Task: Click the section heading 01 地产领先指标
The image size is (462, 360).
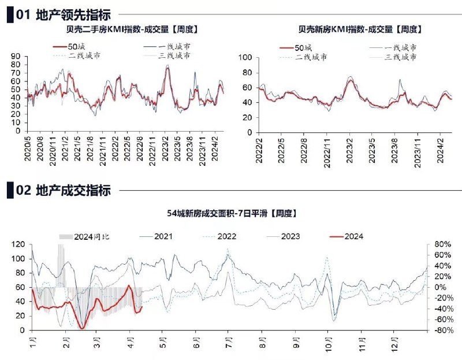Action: [x=63, y=16]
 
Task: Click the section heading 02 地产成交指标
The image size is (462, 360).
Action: [x=63, y=190]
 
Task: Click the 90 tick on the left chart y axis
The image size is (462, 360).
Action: [x=16, y=56]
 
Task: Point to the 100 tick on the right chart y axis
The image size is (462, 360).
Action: [x=245, y=57]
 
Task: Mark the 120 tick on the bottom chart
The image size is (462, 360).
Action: [x=18, y=244]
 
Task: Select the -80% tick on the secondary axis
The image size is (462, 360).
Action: [x=442, y=330]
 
